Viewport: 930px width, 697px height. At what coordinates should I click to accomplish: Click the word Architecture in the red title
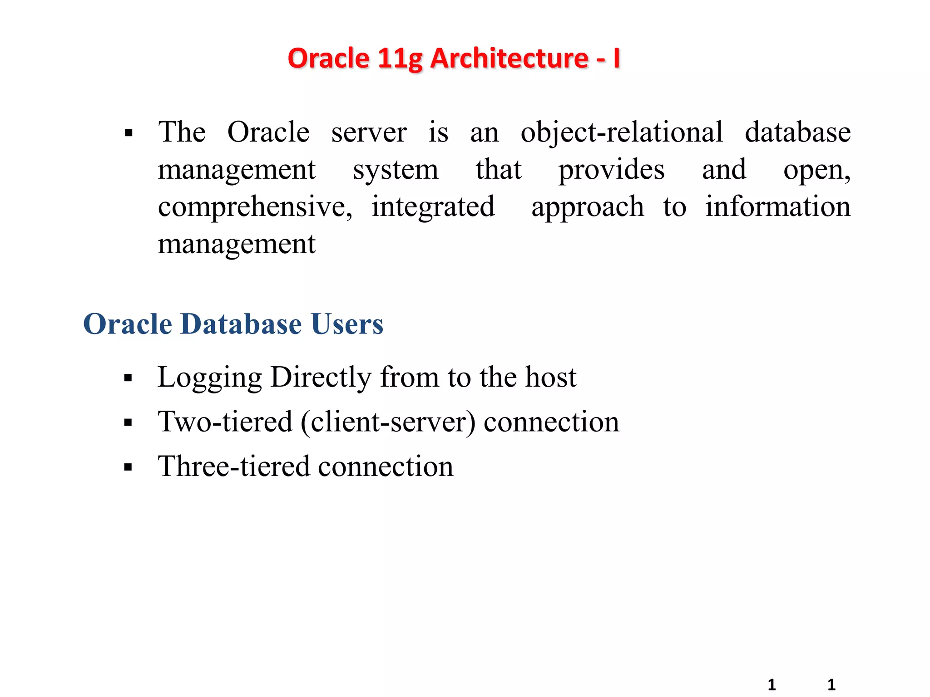coord(509,59)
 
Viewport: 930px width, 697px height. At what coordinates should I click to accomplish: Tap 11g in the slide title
coord(401,59)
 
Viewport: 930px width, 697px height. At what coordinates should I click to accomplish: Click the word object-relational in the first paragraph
coord(622,133)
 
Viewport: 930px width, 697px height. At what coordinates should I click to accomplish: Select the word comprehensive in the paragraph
coord(255,207)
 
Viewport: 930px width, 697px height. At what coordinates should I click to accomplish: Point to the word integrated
coord(433,207)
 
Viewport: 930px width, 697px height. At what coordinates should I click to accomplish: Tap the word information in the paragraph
coord(778,206)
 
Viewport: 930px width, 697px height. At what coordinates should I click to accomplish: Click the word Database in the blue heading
coord(241,324)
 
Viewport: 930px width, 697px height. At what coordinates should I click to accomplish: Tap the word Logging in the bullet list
coord(210,378)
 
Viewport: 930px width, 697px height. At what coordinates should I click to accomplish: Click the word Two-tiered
coord(225,422)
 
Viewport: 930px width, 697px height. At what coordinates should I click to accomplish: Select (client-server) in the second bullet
coord(388,422)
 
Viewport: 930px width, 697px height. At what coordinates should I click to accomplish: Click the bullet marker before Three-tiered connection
coord(128,467)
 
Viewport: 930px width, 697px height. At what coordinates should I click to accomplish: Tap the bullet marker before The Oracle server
coord(129,133)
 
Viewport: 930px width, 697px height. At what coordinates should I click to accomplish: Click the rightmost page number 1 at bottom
coord(831,684)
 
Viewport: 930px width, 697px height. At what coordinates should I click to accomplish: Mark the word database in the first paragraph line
coord(798,133)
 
